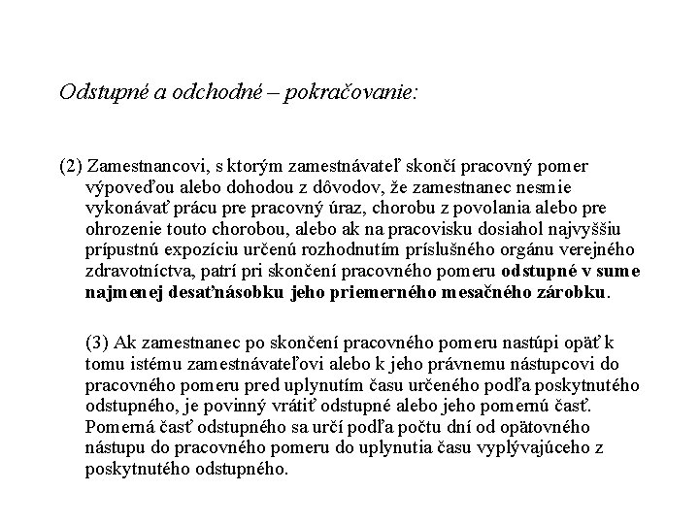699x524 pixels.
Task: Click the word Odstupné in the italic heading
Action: pos(98,93)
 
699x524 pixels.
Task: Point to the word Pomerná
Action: pos(116,426)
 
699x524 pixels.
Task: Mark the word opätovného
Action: pos(550,426)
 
